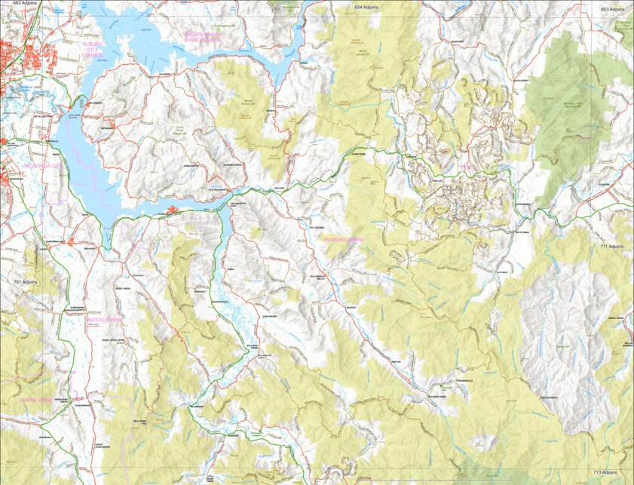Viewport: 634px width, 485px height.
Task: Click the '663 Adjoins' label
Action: coord(25,4)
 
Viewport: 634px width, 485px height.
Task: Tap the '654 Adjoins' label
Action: coord(367,7)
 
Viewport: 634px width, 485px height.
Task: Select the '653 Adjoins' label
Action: coord(613,9)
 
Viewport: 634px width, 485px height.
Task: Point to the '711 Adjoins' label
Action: coord(613,247)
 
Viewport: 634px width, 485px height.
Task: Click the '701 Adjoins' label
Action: coord(25,281)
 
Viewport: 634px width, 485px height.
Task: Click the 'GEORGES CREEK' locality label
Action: coord(231,164)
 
